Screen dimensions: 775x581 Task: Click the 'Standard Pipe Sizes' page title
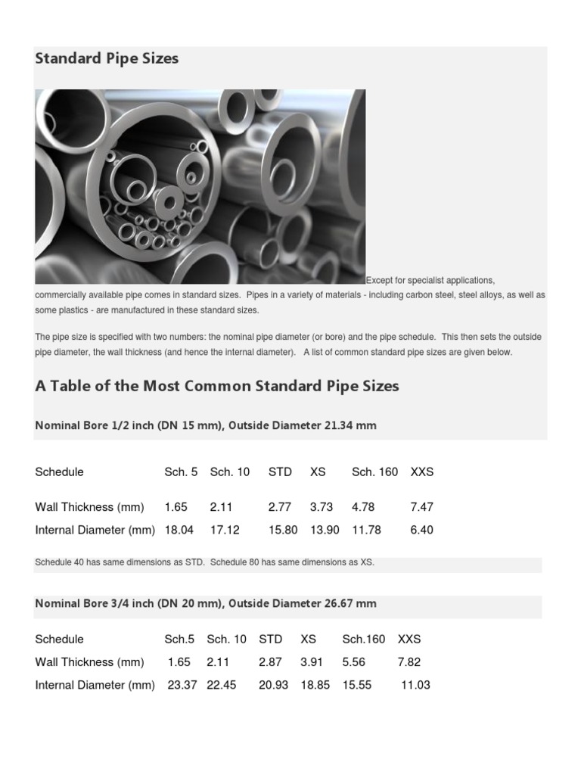click(107, 58)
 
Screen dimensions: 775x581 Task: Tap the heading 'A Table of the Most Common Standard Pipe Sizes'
click(216, 386)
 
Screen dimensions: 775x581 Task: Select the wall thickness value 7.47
click(421, 507)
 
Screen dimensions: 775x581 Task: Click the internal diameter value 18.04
click(179, 530)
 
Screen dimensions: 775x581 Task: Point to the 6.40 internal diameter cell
click(421, 530)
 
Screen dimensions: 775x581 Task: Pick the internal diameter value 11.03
click(415, 685)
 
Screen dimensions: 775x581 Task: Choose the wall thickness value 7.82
click(409, 662)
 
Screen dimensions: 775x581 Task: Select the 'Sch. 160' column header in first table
click(374, 472)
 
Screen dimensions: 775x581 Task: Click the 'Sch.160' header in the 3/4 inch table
click(364, 639)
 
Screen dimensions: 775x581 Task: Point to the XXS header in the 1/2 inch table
click(421, 472)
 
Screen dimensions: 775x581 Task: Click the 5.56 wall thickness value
click(353, 662)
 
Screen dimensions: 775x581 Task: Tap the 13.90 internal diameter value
click(325, 530)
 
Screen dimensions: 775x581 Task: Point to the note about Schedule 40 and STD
click(204, 562)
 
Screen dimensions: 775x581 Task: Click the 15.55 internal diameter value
click(356, 685)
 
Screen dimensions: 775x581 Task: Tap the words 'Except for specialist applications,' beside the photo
click(430, 280)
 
